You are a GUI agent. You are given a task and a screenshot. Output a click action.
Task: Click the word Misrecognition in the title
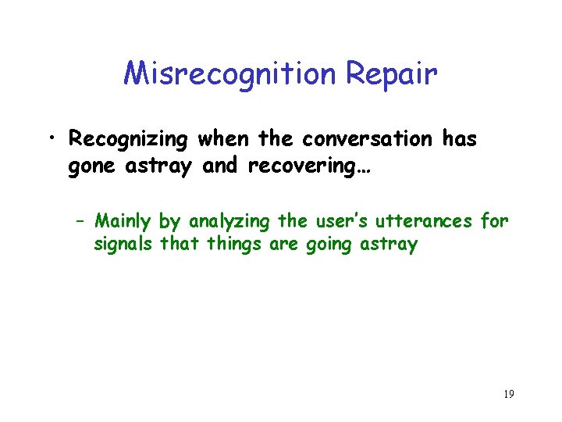(x=229, y=74)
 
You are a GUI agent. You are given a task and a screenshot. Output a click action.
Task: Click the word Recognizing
(x=128, y=140)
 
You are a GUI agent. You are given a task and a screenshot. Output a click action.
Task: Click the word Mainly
(x=124, y=222)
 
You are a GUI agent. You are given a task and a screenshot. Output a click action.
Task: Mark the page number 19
(x=508, y=395)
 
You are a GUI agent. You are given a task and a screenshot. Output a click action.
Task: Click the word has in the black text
(x=459, y=139)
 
